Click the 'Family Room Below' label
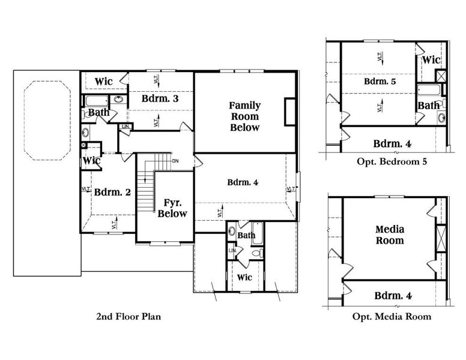[245, 116]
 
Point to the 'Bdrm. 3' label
[160, 98]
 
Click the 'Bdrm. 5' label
[380, 81]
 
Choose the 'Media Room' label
[389, 235]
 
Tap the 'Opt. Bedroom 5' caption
[390, 161]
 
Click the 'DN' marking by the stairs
[175, 161]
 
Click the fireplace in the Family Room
[291, 111]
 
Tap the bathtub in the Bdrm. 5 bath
[429, 91]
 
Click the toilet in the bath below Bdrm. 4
[257, 254]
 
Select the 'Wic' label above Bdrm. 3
[103, 81]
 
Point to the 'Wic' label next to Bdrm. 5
[431, 60]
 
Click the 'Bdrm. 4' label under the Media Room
[392, 295]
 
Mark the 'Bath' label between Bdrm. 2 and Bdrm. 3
[98, 112]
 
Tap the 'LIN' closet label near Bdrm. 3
[126, 127]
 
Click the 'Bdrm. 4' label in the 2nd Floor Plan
[243, 182]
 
